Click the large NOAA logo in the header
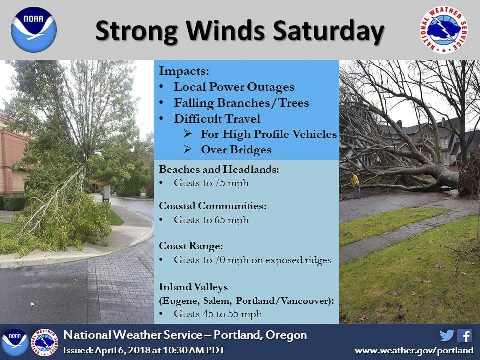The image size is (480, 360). pos(34,30)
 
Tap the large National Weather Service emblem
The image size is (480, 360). pos(444,29)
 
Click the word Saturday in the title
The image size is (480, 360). pos(328,31)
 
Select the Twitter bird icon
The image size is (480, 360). pos(447,335)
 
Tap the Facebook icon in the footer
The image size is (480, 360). pos(464,335)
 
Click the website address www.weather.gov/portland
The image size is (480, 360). pos(414,350)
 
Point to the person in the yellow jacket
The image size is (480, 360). pos(356,185)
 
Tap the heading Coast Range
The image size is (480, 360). pos(191,246)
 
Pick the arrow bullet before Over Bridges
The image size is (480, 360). pos(187,149)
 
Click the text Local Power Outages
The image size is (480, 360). pos(234,87)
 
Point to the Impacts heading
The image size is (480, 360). pos(184,71)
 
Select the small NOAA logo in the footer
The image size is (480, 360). pos(14,342)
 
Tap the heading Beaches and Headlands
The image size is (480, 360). pos(219,169)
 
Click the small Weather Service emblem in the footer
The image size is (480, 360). pos(44,342)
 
